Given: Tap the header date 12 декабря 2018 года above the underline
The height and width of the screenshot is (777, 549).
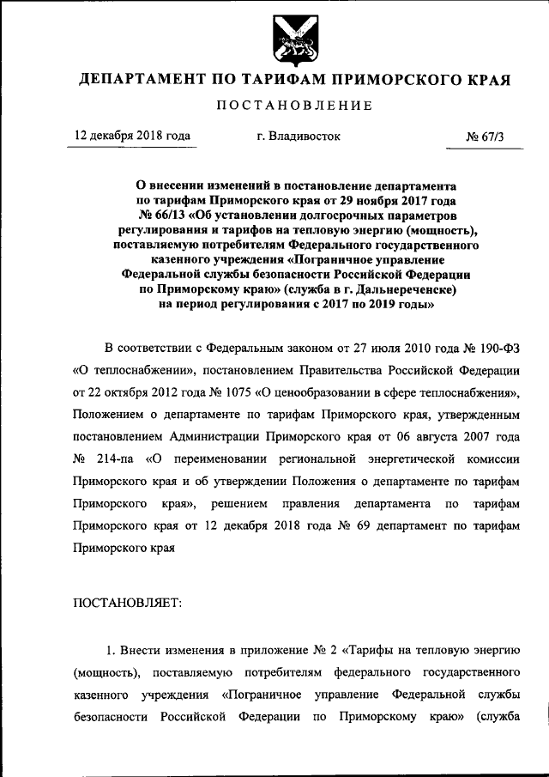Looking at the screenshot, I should coord(133,136).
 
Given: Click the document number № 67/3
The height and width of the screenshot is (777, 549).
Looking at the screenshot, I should coord(483,137).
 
